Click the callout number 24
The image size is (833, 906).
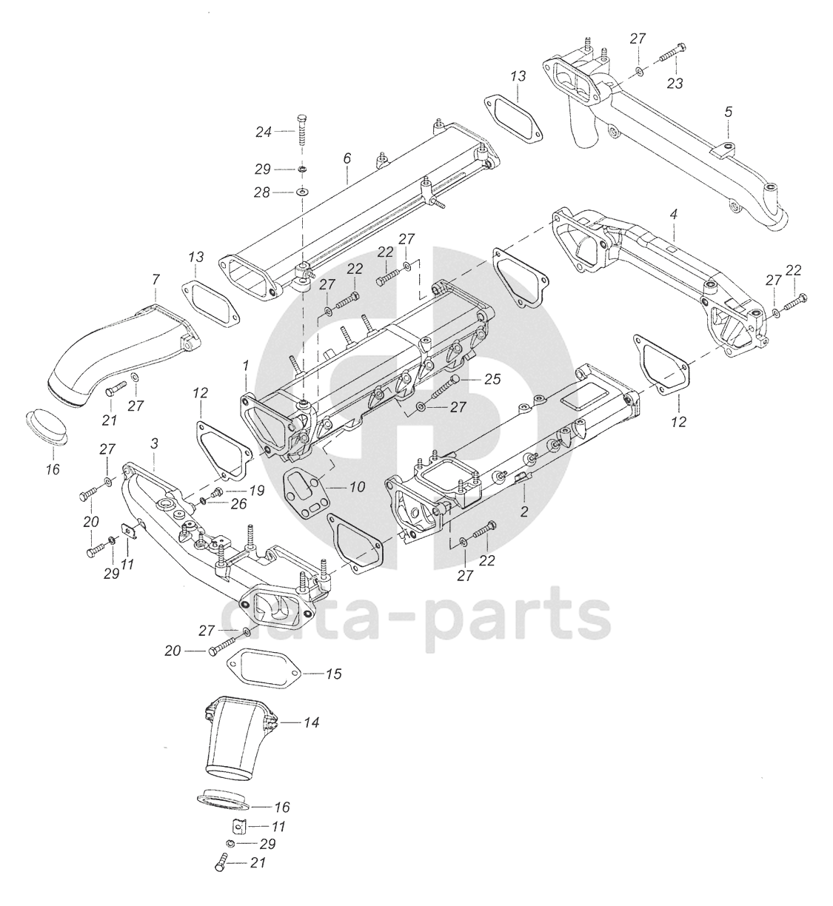tap(264, 132)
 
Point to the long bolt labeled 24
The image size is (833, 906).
tap(302, 132)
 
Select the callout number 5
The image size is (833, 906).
tap(728, 112)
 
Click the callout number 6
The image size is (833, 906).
tap(347, 158)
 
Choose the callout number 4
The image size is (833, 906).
tap(673, 215)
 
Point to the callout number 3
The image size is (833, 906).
tap(154, 443)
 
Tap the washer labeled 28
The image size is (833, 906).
tap(302, 192)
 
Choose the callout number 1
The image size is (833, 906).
tap(245, 366)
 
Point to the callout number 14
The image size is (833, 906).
tap(312, 722)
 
